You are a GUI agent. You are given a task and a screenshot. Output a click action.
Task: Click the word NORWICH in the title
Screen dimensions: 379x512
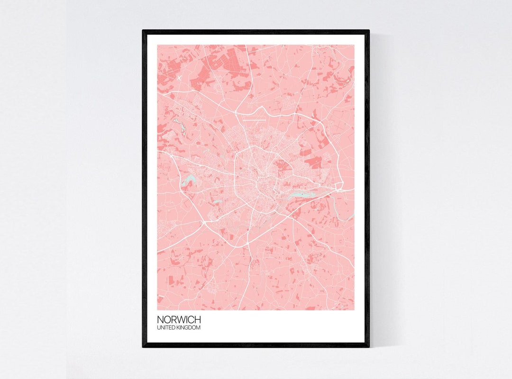179,320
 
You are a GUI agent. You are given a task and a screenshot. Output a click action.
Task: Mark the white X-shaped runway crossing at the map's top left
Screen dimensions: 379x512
179,77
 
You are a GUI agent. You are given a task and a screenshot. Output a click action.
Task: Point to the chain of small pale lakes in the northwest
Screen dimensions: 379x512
180,126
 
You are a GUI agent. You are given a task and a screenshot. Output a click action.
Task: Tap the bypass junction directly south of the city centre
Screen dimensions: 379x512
248,243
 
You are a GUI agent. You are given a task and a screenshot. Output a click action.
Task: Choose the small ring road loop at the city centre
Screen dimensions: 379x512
262,183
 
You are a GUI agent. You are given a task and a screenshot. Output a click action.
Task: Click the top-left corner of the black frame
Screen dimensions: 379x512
144,31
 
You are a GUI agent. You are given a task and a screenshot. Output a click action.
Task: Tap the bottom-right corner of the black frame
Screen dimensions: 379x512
368,346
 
